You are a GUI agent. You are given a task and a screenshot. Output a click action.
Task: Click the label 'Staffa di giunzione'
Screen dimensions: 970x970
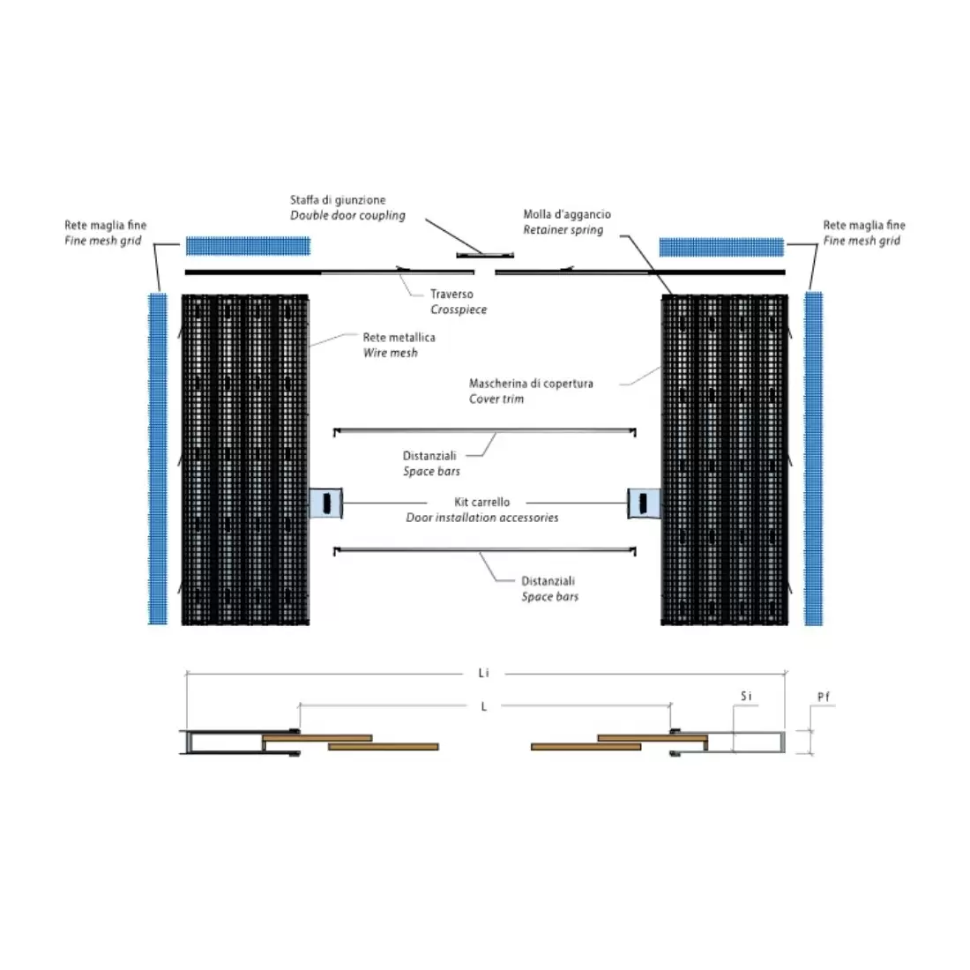tap(338, 200)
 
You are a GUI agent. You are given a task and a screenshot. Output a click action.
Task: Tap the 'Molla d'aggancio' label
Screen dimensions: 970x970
tap(567, 214)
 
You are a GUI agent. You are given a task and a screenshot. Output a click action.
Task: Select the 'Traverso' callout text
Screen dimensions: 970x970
tap(451, 295)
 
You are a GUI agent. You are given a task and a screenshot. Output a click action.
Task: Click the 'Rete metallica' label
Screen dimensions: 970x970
tap(399, 337)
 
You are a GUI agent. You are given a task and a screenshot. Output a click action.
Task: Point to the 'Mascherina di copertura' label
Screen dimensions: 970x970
tap(531, 384)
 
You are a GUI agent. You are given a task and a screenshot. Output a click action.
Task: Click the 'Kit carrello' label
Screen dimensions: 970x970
tap(481, 502)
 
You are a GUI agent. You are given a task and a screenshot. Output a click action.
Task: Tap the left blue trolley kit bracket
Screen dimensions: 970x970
tap(325, 503)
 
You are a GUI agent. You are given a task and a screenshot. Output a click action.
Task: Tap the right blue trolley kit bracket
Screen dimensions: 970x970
tap(644, 503)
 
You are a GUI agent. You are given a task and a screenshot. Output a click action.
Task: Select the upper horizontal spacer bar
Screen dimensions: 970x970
tap(485, 431)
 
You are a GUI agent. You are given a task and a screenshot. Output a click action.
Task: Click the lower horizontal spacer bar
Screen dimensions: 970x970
tap(485, 550)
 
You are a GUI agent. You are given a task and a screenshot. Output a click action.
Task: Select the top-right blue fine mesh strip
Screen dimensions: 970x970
tap(721, 246)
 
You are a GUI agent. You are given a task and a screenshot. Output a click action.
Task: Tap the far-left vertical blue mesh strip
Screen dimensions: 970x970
tap(157, 459)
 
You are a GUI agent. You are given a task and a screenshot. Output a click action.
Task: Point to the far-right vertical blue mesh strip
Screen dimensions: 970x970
tap(813, 459)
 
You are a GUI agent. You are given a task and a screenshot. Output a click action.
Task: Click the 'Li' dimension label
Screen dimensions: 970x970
tap(483, 674)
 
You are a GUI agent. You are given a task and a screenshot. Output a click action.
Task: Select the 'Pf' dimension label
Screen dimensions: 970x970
tap(823, 697)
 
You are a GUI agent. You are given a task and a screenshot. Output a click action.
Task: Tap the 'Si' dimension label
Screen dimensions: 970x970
tap(746, 697)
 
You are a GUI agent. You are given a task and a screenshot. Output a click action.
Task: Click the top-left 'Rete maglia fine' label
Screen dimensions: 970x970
tap(105, 226)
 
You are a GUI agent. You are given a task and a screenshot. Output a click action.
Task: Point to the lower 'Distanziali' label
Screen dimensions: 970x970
tap(548, 581)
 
